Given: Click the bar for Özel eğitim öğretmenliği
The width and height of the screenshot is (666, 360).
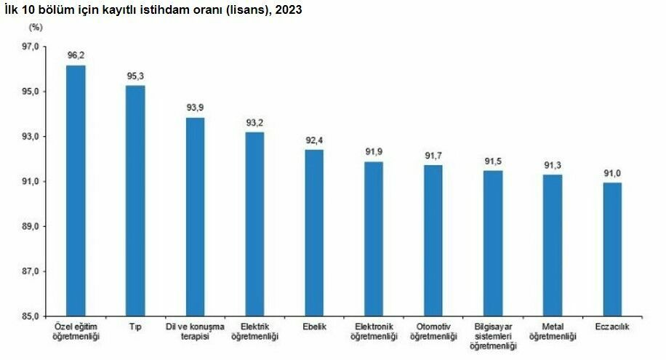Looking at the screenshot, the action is pyautogui.click(x=76, y=191).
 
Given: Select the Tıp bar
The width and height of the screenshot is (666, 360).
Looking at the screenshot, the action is pyautogui.click(x=135, y=201).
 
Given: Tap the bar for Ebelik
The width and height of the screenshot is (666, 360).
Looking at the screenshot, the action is pyautogui.click(x=314, y=233).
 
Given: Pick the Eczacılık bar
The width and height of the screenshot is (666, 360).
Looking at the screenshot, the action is pyautogui.click(x=612, y=249).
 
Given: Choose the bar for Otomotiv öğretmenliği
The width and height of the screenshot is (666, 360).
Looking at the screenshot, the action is pyautogui.click(x=433, y=241).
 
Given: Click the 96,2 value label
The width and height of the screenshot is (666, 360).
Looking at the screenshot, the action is pyautogui.click(x=76, y=55).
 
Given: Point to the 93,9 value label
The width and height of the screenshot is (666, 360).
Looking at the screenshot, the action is pyautogui.click(x=195, y=108).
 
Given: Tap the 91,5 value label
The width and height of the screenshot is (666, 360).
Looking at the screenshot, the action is pyautogui.click(x=493, y=161).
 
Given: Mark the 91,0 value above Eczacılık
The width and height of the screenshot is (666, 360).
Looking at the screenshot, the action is pyautogui.click(x=612, y=173).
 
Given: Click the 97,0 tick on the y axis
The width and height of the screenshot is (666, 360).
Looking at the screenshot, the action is pyautogui.click(x=31, y=47).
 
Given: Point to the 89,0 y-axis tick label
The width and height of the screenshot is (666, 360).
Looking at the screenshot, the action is pyautogui.click(x=31, y=226).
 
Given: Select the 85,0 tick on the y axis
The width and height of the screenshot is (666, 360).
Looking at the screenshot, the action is pyautogui.click(x=31, y=316).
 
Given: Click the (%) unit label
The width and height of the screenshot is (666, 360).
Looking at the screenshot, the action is pyautogui.click(x=36, y=28).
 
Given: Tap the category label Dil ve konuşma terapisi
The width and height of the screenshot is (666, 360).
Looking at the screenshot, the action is pyautogui.click(x=195, y=332).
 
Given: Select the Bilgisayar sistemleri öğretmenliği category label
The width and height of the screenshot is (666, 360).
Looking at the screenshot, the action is pyautogui.click(x=493, y=336).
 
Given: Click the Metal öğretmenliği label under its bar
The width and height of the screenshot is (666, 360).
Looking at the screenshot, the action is pyautogui.click(x=553, y=332).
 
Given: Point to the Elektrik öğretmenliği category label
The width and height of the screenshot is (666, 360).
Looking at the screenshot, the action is pyautogui.click(x=255, y=332).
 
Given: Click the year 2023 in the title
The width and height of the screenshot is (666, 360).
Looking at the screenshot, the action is pyautogui.click(x=289, y=9).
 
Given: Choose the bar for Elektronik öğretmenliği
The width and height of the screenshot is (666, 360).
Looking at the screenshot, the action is pyautogui.click(x=374, y=239).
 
